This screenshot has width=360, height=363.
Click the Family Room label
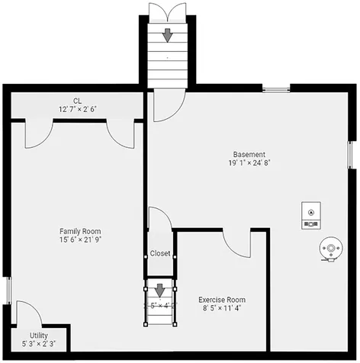click(x=80, y=230)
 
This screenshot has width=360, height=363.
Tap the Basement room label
click(x=249, y=153)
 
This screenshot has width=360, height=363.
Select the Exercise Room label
click(x=222, y=300)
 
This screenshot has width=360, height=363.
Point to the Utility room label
click(x=38, y=335)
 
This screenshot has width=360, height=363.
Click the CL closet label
click(x=77, y=101)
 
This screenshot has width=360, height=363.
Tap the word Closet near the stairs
click(x=160, y=253)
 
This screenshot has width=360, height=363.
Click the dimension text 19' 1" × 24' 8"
click(x=249, y=162)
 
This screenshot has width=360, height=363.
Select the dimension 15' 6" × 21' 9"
click(x=80, y=239)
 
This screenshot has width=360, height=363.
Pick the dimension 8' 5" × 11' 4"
click(x=222, y=309)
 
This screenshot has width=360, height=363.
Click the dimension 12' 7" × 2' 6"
click(x=77, y=109)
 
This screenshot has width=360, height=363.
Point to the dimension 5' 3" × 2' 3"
click(x=38, y=344)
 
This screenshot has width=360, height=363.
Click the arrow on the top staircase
click(x=167, y=34)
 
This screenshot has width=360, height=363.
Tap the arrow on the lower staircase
click(x=160, y=291)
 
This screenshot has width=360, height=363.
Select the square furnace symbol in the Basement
click(x=310, y=217)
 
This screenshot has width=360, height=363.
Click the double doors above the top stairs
click(x=167, y=11)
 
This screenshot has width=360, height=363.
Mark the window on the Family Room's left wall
click(x=8, y=291)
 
